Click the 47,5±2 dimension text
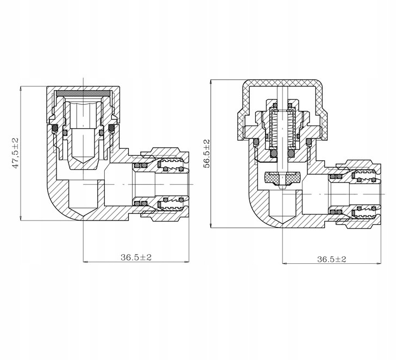(16, 153)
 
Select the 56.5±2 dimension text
(206, 154)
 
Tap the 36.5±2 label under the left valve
(136, 257)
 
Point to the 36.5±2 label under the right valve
(331, 260)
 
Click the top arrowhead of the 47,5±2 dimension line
(20, 88)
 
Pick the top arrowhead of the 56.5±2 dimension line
(211, 81)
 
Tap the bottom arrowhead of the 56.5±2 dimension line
(211, 228)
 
